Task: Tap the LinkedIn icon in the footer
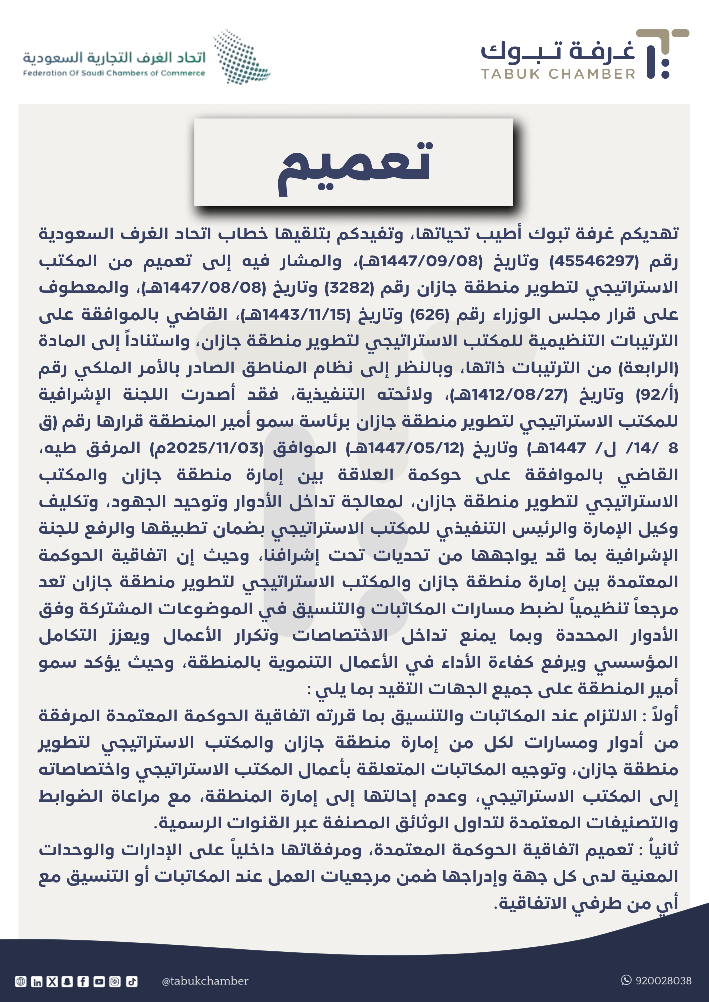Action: (37, 982)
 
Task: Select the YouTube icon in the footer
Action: (99, 982)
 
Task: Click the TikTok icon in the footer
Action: (132, 982)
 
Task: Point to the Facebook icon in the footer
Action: (83, 982)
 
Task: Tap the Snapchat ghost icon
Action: (68, 982)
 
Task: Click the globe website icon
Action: (21, 982)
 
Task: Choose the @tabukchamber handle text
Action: (205, 981)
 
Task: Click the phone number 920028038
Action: (663, 981)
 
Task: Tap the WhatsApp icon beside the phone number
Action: (626, 980)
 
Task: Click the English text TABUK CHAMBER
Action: (559, 74)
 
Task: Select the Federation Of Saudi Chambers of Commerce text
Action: (114, 73)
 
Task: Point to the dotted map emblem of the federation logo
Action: (241, 56)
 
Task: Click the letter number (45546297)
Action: (595, 261)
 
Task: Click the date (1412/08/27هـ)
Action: (508, 395)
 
